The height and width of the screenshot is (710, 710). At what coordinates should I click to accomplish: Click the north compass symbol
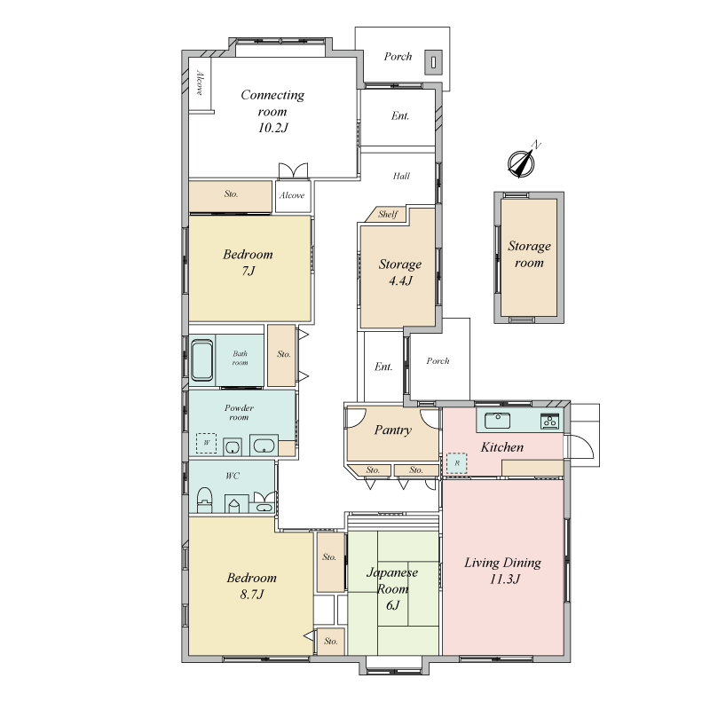pyautogui.click(x=522, y=162)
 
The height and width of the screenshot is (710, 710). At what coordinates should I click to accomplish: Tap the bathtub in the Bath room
pyautogui.click(x=202, y=360)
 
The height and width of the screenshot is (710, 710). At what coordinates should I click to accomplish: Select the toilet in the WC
pyautogui.click(x=205, y=499)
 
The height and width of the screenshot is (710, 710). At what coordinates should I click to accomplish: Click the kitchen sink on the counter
pyautogui.click(x=497, y=420)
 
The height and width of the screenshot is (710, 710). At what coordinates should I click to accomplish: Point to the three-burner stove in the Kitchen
pyautogui.click(x=549, y=422)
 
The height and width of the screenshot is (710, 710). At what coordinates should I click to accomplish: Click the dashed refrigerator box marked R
pyautogui.click(x=457, y=463)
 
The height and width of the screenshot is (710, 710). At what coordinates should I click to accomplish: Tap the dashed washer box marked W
pyautogui.click(x=206, y=443)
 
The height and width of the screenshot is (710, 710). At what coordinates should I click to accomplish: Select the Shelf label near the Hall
pyautogui.click(x=388, y=214)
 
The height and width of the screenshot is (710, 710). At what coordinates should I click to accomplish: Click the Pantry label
pyautogui.click(x=392, y=430)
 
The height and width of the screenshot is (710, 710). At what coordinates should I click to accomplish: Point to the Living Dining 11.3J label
pyautogui.click(x=503, y=571)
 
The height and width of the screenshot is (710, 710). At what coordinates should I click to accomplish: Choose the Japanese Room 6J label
pyautogui.click(x=392, y=588)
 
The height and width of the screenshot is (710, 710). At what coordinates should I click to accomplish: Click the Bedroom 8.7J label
pyautogui.click(x=251, y=586)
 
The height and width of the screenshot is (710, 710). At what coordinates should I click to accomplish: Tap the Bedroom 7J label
pyautogui.click(x=248, y=262)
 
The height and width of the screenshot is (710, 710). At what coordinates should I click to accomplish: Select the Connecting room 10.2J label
pyautogui.click(x=272, y=112)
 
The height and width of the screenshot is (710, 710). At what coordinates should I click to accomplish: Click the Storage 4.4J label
pyautogui.click(x=400, y=272)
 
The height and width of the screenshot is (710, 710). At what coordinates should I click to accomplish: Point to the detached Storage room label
pyautogui.click(x=529, y=254)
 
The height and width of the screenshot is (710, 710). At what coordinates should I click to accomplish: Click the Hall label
pyautogui.click(x=401, y=176)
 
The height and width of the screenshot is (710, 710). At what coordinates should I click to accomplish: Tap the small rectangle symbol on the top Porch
pyautogui.click(x=434, y=62)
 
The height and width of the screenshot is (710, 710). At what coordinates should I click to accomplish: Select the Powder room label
pyautogui.click(x=239, y=413)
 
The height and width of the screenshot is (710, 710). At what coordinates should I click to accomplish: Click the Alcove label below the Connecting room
pyautogui.click(x=292, y=195)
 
